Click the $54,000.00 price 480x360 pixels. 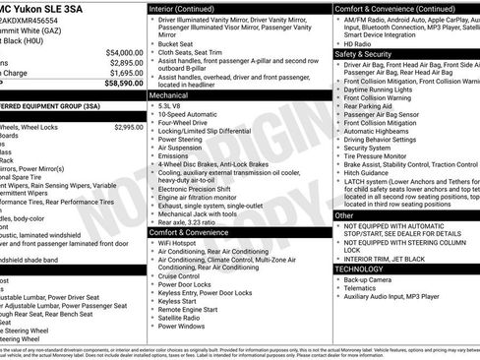[x=123, y=52]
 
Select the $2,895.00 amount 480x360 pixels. [x=125, y=62]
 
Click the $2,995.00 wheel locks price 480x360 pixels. [x=128, y=127]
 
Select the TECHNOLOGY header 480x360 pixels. [x=360, y=268]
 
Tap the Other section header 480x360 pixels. [x=344, y=214]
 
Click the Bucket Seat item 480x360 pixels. [x=177, y=43]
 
